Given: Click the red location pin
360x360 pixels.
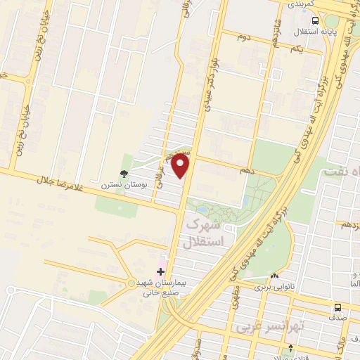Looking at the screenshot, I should [181, 167].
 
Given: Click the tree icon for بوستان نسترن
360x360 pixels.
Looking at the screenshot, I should [124, 174].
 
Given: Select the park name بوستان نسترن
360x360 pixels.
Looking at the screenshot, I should [116, 187].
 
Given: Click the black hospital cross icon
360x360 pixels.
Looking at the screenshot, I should [160, 270].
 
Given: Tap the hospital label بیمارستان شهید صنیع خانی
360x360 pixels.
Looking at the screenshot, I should [158, 286].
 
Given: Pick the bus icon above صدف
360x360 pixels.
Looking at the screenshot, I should [337, 307].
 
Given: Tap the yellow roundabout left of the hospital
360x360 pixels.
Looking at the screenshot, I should [131, 283].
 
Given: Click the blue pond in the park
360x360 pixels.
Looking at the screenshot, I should [202, 210].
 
